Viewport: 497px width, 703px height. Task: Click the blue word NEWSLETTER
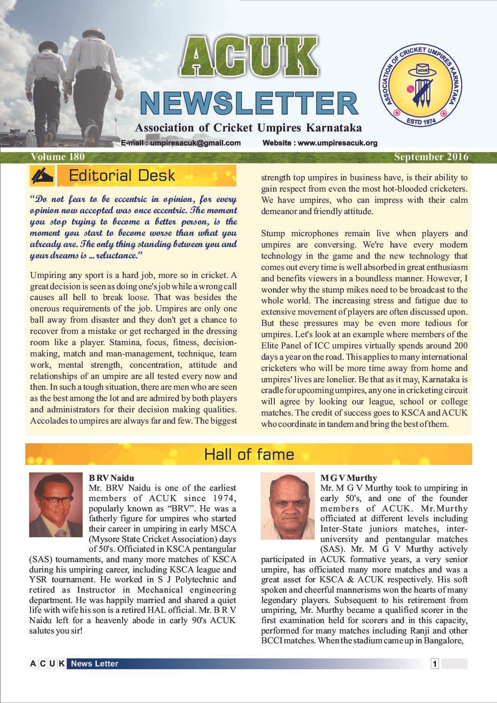coord(249,104)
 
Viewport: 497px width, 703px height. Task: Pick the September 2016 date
coord(431,156)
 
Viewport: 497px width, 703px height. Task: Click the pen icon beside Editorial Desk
coord(42,176)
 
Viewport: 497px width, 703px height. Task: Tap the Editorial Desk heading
coord(122,176)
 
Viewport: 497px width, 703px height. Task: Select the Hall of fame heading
coord(249,454)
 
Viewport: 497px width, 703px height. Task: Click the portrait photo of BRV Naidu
coord(55,505)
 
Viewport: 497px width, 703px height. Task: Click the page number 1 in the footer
coord(435,664)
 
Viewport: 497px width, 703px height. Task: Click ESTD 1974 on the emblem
coord(421,121)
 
